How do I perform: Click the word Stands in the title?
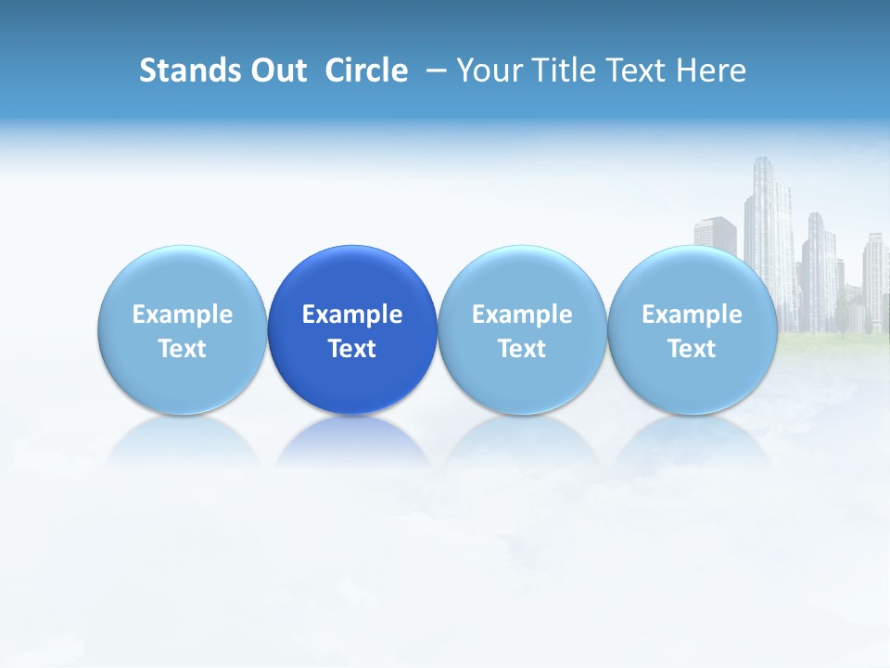(x=178, y=71)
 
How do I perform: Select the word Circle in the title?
(x=366, y=71)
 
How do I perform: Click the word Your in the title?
(x=487, y=71)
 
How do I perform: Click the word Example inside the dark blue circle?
(x=352, y=315)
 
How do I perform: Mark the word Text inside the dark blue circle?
(x=352, y=349)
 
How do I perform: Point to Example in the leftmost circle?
(x=182, y=315)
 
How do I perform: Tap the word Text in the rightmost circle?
(x=692, y=349)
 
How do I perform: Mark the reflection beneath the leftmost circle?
(x=182, y=443)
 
